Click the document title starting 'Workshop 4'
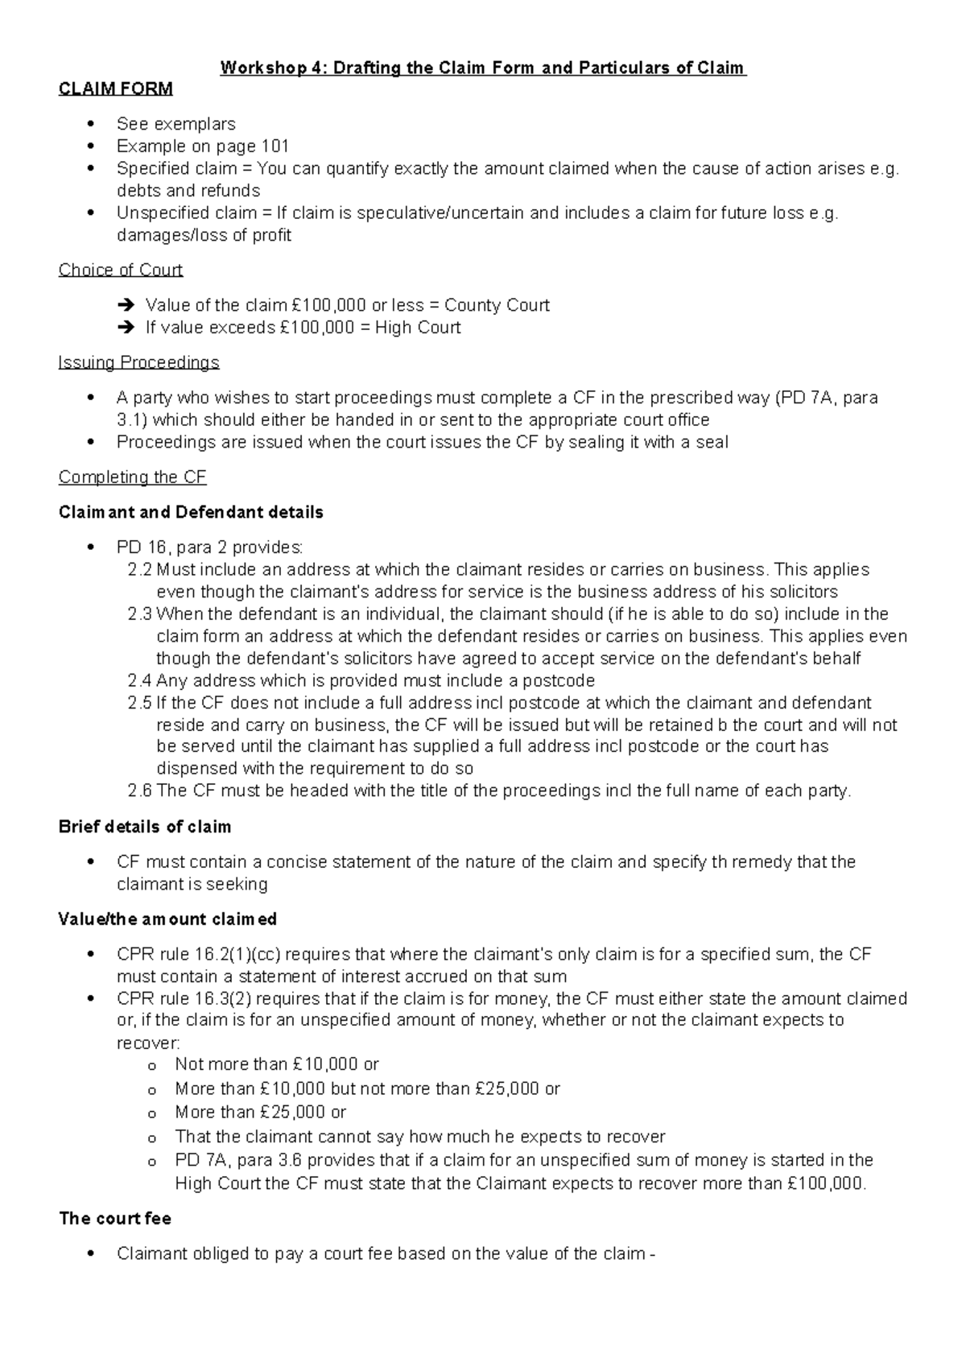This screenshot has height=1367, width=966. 483,68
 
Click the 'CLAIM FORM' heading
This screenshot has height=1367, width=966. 115,89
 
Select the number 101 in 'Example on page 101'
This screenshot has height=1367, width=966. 275,147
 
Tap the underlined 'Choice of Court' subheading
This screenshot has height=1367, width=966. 121,270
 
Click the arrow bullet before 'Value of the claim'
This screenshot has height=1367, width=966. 127,306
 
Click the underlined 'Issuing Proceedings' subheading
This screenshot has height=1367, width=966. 138,362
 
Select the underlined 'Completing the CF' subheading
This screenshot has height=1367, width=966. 132,477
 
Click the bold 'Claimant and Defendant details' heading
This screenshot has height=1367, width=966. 191,512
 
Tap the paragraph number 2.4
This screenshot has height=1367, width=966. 139,680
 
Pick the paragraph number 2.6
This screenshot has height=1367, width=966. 139,791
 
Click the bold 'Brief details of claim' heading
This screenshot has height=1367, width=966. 145,827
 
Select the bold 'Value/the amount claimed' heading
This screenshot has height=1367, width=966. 167,919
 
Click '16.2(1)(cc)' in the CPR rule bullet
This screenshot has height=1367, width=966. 237,955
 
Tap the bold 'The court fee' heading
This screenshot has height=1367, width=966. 115,1218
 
